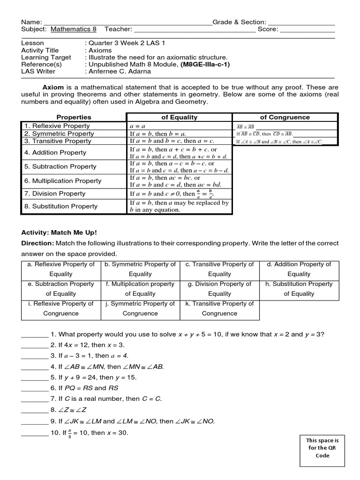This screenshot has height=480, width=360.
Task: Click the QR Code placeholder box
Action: tap(322, 448)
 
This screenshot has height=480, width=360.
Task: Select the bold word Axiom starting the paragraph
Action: tap(53, 87)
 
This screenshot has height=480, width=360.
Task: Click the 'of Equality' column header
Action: tap(179, 117)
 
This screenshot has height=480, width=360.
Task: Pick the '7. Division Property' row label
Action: tap(55, 194)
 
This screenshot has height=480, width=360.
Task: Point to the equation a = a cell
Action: tap(137, 126)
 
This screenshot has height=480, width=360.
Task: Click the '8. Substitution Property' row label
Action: tap(61, 206)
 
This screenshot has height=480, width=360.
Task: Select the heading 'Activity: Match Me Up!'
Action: tap(59, 232)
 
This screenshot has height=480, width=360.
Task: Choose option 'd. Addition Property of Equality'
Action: tap(299, 269)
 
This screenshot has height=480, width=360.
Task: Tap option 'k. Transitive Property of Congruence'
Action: tap(219, 308)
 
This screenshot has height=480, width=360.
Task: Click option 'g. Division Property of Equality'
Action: tap(219, 289)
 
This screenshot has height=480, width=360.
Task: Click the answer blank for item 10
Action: tap(35, 433)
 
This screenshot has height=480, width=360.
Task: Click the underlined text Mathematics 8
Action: tap(74, 29)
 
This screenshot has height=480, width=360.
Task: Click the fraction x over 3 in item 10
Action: tap(70, 433)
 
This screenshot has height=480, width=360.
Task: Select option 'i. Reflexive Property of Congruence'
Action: tap(61, 308)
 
